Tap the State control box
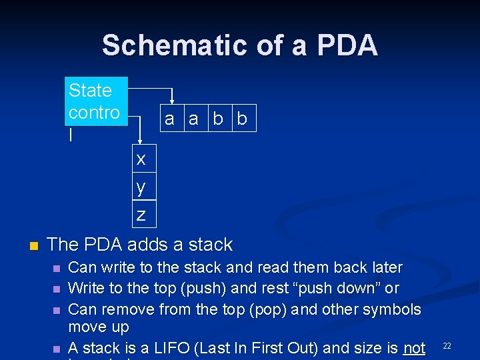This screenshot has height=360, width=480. click(96, 111)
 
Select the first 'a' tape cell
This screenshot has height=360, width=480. click(169, 119)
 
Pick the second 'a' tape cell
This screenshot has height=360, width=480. click(193, 119)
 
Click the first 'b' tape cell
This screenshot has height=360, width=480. click(218, 119)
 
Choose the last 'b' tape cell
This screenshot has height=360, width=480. click(242, 119)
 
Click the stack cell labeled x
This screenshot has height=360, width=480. click(141, 159)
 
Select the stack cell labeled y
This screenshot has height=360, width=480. click(141, 187)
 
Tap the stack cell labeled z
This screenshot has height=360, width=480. click(141, 215)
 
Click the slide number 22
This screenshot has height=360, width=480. click(447, 345)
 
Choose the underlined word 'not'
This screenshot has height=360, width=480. click(413, 348)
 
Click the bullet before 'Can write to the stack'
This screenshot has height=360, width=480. click(57, 268)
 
